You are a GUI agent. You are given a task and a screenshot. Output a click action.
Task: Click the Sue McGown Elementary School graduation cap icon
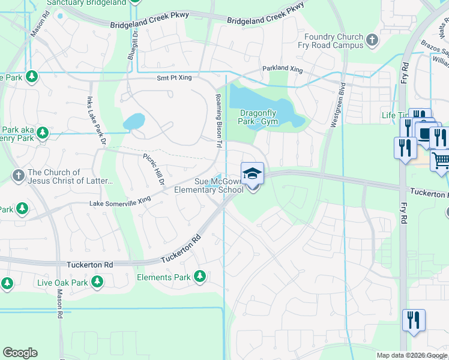pyautogui.click(x=252, y=173)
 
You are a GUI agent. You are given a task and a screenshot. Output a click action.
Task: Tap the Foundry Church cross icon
pyautogui.click(x=372, y=41)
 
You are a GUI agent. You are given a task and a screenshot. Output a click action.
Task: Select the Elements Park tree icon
pyautogui.click(x=199, y=277)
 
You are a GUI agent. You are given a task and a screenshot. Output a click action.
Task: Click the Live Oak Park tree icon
pyautogui.click(x=96, y=282)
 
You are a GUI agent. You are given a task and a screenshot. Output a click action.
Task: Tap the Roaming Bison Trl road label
pyautogui.click(x=219, y=121)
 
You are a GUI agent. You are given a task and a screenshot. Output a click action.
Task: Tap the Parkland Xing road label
pyautogui.click(x=282, y=69)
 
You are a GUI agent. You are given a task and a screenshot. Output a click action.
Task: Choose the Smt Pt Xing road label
pyautogui.click(x=174, y=78)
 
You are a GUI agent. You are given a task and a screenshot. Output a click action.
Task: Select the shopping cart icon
pyautogui.click(x=441, y=161)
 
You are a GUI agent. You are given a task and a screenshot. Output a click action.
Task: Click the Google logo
pyautogui.click(x=20, y=353)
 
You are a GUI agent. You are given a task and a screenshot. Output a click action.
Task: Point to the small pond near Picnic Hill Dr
pyautogui.click(x=134, y=121)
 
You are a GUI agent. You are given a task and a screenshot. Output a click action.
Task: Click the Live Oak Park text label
pyautogui.click(x=62, y=283)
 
